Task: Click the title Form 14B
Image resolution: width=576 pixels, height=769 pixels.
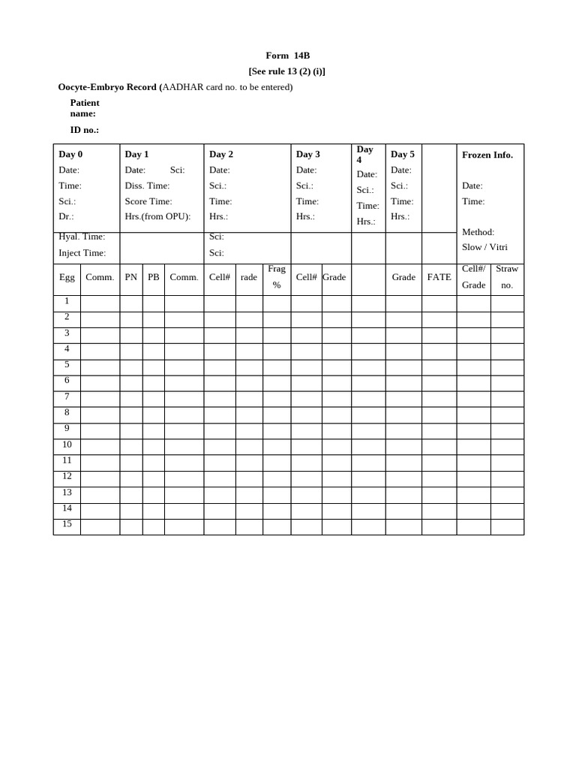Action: pos(287,56)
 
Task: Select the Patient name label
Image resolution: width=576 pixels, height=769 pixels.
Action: pos(84,108)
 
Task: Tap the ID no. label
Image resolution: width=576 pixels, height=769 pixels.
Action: pos(84,130)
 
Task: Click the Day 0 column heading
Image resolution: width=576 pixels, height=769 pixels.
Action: pos(70,154)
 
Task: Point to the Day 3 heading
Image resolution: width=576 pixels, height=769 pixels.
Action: pos(307,154)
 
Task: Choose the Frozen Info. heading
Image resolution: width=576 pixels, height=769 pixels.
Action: pos(487,155)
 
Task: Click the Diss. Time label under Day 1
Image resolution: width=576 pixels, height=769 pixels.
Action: pos(147,185)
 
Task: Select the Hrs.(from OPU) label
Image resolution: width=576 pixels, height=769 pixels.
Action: pos(157,216)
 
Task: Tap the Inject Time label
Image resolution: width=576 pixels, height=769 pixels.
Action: pos(82,253)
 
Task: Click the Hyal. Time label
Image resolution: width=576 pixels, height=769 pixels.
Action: pos(82,237)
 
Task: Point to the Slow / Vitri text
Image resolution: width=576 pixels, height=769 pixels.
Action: pos(484,247)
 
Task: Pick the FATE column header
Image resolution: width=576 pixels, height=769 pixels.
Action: pos(439,277)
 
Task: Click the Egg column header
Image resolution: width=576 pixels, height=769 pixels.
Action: pos(67,277)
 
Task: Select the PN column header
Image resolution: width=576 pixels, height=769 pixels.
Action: pos(131,277)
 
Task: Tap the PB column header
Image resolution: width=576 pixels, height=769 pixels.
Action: pos(154,277)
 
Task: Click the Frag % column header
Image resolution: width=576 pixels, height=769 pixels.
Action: pos(277,277)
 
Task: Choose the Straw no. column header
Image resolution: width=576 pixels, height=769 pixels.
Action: pos(507,277)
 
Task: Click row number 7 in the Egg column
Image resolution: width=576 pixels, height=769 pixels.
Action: pos(67,397)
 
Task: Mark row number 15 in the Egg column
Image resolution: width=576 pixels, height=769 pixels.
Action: pos(67,523)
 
